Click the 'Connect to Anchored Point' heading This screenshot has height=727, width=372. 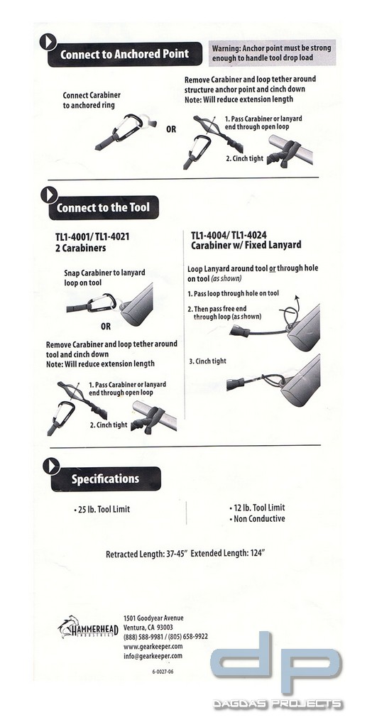point(124,54)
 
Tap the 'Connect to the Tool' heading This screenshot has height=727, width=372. point(103,208)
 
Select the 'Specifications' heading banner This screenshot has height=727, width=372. point(105,479)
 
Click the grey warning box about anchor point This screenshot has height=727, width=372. point(272,52)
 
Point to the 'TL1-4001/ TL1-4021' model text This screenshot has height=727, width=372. point(92,236)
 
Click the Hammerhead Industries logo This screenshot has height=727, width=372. point(87,628)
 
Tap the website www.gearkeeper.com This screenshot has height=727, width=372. point(153,646)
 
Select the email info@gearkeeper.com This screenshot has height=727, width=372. point(153,656)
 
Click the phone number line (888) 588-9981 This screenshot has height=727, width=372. point(145,636)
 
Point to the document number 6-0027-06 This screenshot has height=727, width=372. point(163,671)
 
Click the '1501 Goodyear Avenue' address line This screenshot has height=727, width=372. point(153,618)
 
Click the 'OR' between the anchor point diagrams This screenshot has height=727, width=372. point(171,130)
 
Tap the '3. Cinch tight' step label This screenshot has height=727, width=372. point(207,361)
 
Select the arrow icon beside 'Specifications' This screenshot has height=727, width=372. point(50,466)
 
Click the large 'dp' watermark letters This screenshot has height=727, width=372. point(276,662)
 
